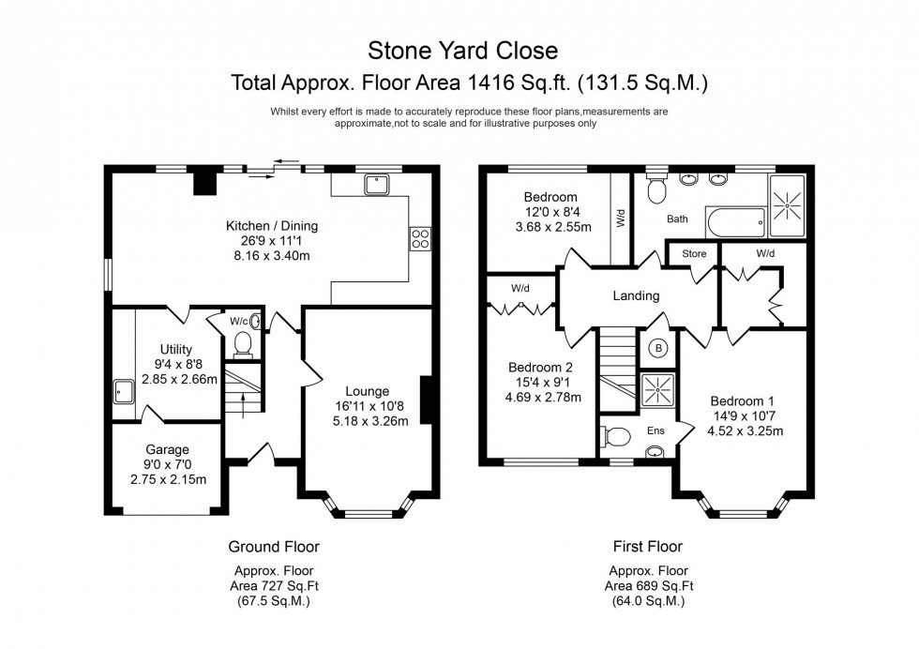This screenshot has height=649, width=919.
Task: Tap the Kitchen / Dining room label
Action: (272, 225)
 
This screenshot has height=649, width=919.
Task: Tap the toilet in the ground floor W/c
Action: (243, 344)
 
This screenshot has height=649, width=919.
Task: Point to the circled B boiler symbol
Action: (657, 348)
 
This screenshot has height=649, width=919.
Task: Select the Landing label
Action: (636, 295)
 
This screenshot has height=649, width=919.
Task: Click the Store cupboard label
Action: (694, 252)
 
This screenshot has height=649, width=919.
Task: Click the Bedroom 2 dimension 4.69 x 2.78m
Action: (544, 398)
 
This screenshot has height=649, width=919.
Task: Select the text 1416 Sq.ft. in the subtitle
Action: (508, 83)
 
